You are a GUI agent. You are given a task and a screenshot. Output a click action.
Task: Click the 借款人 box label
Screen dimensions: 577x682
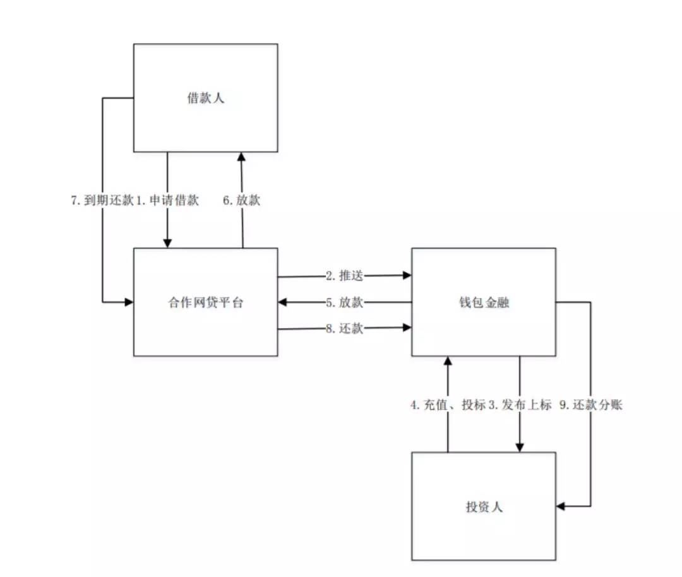pyautogui.click(x=205, y=98)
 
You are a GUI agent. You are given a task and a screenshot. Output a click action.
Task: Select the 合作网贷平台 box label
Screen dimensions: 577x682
pyautogui.click(x=205, y=302)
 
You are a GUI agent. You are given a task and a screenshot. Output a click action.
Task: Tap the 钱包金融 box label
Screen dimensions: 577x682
pyautogui.click(x=484, y=302)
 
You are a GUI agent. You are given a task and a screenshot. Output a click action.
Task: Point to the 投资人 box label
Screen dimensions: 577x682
pyautogui.click(x=484, y=506)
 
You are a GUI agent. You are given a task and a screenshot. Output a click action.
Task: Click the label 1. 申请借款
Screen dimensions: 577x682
pyautogui.click(x=168, y=201)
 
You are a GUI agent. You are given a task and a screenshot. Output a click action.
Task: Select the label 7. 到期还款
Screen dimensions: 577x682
pyautogui.click(x=102, y=201)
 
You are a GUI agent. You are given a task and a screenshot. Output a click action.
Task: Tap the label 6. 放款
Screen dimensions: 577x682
pyautogui.click(x=241, y=201)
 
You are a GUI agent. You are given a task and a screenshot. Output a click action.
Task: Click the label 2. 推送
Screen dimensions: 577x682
pyautogui.click(x=345, y=276)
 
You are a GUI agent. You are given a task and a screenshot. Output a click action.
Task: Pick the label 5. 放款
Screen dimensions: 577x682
pyautogui.click(x=345, y=302)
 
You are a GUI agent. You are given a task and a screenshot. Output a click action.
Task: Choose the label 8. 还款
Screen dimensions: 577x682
pyautogui.click(x=345, y=328)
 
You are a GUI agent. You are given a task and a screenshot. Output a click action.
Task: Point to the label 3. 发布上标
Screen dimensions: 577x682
pyautogui.click(x=520, y=405)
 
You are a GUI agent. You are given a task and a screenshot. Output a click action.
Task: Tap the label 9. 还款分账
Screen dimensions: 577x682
pyautogui.click(x=591, y=405)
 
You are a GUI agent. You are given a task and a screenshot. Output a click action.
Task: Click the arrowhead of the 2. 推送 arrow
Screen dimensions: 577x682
pyautogui.click(x=407, y=276)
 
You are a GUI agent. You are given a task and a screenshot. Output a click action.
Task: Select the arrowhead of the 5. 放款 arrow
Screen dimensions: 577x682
pyautogui.click(x=282, y=302)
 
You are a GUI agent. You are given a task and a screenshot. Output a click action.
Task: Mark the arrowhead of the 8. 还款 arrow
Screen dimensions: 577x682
pyautogui.click(x=407, y=328)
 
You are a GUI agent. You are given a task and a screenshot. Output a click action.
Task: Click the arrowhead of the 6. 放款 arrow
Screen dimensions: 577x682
pyautogui.click(x=241, y=157)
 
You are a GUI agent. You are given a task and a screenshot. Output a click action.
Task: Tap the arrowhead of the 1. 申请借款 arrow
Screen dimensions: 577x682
pyautogui.click(x=167, y=244)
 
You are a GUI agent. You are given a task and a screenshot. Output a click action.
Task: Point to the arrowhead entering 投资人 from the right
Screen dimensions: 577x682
pyautogui.click(x=561, y=506)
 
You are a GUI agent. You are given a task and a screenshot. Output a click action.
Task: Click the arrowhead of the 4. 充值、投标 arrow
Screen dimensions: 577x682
pyautogui.click(x=448, y=360)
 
